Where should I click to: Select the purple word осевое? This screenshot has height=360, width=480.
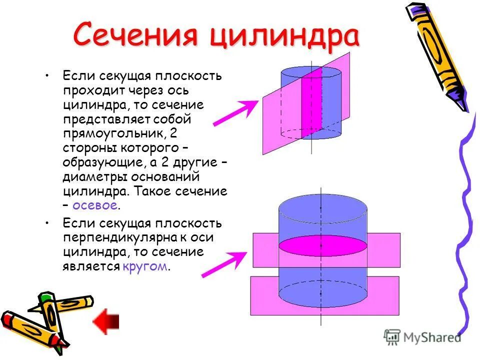(94, 205)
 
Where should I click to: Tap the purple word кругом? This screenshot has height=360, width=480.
(144, 266)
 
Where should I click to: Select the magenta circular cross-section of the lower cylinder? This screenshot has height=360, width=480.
(322, 244)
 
